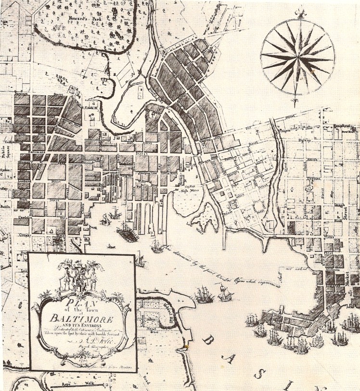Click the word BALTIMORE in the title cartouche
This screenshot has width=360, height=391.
pyautogui.click(x=81, y=318)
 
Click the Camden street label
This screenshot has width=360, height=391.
pyautogui.click(x=22, y=217)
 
